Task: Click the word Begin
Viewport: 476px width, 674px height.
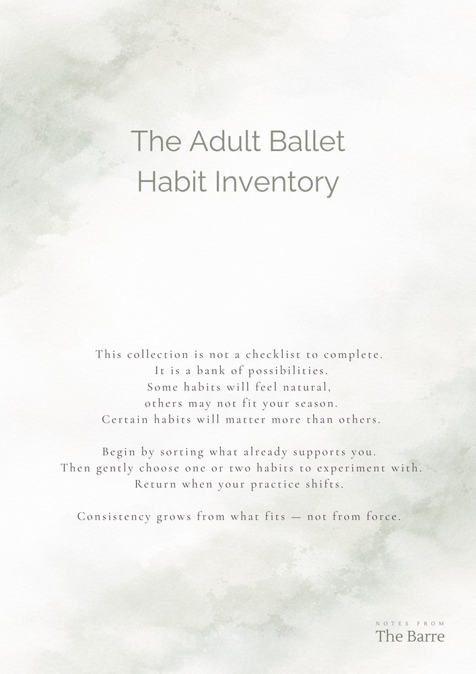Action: click(x=119, y=452)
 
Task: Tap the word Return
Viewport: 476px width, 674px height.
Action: click(x=155, y=484)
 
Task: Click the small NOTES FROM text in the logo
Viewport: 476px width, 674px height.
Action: click(x=410, y=624)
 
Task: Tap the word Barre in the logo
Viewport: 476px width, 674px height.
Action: click(x=423, y=636)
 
